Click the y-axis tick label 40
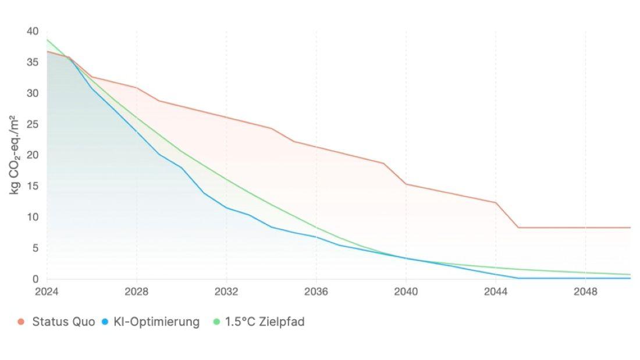click(x=33, y=31)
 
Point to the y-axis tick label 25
click(x=33, y=124)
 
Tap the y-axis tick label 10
click(x=33, y=217)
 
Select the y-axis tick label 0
click(x=35, y=279)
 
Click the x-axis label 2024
click(x=47, y=292)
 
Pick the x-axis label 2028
click(x=136, y=292)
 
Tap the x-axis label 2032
click(x=226, y=292)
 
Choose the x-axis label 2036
click(x=316, y=292)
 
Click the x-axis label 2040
click(x=406, y=292)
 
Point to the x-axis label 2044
click(x=496, y=292)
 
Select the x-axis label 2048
click(x=585, y=292)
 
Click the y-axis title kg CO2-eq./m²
click(x=15, y=155)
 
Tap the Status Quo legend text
click(x=63, y=322)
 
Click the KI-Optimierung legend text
click(x=157, y=322)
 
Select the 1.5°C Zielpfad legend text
click(x=265, y=322)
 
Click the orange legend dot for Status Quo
click(x=21, y=322)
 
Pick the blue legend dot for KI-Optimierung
click(x=105, y=322)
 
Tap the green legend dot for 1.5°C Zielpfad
click(x=216, y=322)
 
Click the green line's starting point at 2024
click(x=47, y=40)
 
